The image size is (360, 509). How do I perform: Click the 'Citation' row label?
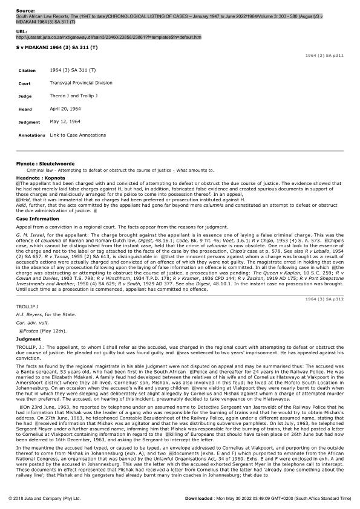coord(28,71)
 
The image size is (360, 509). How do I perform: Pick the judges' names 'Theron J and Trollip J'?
coord(72,96)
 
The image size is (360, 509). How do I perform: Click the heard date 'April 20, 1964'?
coord(65,109)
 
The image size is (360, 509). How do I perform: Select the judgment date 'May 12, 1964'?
coord(64,122)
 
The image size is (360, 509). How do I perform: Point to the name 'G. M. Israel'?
coord(29,233)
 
